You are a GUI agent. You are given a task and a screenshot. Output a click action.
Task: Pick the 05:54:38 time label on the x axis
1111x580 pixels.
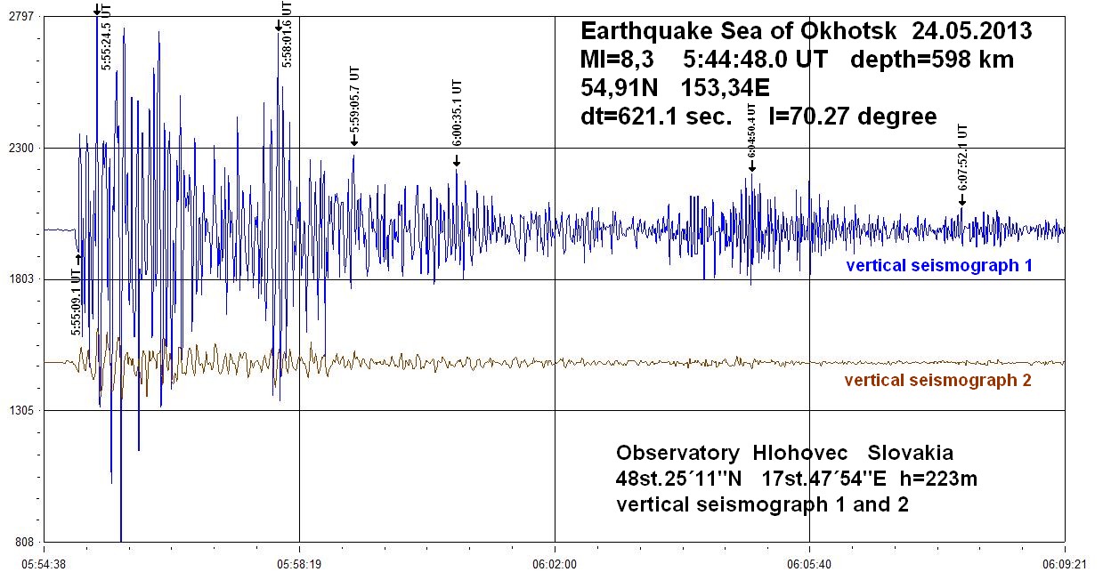point(45,564)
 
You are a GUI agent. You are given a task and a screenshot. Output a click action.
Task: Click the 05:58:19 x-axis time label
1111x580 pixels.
point(299,564)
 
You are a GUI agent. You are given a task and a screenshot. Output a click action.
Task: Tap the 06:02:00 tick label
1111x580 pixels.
point(555,564)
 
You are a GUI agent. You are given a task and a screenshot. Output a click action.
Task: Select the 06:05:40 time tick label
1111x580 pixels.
point(809,564)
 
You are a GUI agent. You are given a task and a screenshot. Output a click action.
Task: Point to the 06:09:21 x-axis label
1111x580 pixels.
point(1065,564)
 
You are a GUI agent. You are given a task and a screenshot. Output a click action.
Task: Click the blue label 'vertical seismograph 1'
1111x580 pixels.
point(939,265)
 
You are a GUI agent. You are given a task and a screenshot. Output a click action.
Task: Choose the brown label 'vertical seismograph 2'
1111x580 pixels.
point(937,381)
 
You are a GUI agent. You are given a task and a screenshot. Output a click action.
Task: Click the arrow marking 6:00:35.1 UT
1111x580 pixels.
point(457,161)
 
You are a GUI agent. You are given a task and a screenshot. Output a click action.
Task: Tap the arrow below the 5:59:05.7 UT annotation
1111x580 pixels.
point(353,140)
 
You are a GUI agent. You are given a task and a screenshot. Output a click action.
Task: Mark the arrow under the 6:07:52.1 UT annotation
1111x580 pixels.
point(961,200)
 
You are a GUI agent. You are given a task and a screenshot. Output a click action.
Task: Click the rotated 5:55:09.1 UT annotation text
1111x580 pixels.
point(77,302)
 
